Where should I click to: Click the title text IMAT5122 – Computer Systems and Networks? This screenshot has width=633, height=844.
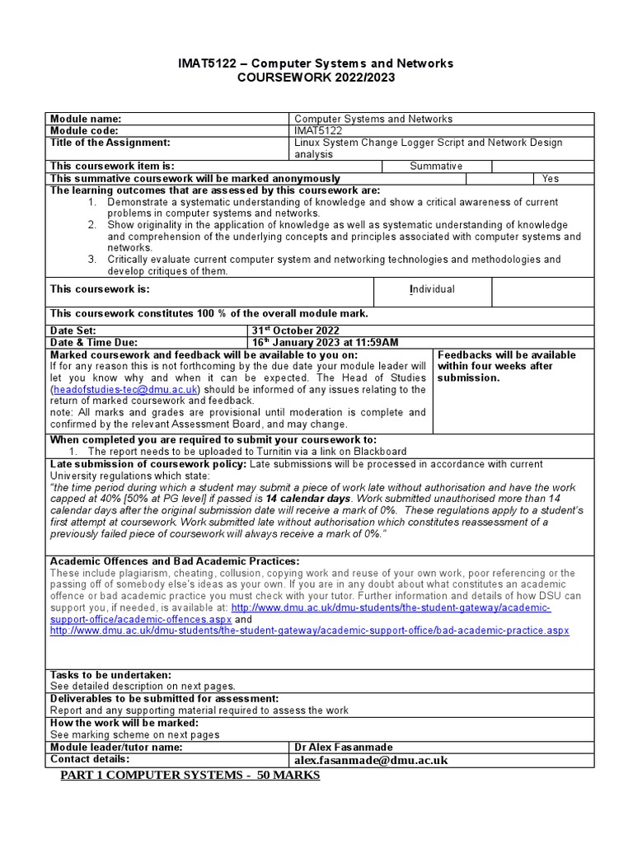(316, 63)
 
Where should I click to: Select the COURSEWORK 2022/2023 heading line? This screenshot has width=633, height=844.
(316, 77)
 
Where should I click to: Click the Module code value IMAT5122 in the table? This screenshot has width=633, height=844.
(318, 131)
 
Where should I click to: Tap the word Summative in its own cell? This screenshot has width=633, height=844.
(436, 166)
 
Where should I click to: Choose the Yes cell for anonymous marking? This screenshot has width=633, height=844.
(550, 179)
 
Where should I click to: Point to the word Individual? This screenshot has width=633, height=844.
(432, 289)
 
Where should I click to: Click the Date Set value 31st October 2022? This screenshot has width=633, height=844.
(298, 331)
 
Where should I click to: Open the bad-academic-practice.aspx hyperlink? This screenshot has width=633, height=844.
(310, 631)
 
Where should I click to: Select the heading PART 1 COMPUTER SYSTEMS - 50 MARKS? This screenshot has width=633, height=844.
(190, 776)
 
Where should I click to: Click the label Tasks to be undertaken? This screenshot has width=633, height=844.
(111, 675)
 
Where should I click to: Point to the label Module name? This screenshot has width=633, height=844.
(86, 119)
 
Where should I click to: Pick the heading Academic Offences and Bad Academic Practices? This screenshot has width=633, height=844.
(175, 561)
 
